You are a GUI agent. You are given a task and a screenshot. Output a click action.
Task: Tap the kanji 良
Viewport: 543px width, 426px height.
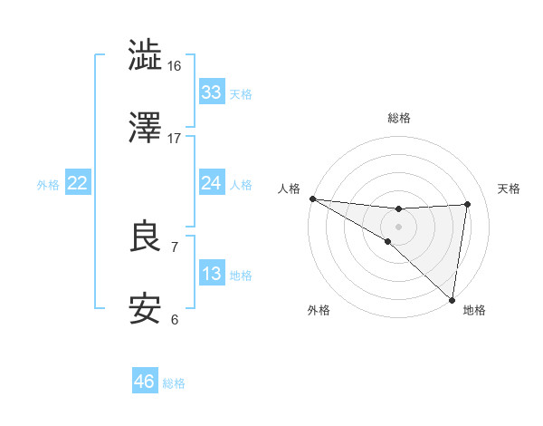click(146, 237)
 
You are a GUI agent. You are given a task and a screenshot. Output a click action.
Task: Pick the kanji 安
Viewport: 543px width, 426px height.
click(146, 309)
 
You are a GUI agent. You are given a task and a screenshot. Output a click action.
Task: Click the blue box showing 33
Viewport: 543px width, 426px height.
click(211, 92)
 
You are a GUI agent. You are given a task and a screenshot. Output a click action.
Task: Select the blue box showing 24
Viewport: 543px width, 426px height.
click(211, 183)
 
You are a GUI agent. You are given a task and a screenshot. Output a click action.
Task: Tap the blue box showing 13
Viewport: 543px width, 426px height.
click(211, 274)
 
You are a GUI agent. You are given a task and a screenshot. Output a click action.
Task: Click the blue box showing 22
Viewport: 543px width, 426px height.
click(77, 183)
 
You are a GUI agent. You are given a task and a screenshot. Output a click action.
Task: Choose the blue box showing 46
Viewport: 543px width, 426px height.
click(144, 382)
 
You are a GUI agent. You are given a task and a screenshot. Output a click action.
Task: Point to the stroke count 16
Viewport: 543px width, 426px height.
click(175, 65)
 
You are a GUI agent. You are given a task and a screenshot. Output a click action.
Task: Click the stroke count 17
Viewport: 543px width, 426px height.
click(175, 138)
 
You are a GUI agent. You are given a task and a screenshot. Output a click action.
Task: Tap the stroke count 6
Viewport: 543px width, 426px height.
click(174, 319)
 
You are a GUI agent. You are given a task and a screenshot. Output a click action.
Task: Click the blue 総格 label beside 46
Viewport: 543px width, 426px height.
click(174, 383)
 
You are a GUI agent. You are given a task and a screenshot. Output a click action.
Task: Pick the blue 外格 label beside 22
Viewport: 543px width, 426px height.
click(48, 184)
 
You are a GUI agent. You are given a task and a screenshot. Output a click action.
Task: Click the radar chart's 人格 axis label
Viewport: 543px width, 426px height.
click(289, 189)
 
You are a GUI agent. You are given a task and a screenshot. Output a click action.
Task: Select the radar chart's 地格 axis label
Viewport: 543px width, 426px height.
click(474, 310)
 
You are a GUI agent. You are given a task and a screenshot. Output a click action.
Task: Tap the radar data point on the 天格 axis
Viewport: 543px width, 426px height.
click(468, 204)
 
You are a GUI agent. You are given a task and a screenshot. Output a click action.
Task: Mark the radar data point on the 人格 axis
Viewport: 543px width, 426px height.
click(312, 198)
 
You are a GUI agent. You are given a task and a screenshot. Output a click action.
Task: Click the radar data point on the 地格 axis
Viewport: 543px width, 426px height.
click(452, 300)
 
